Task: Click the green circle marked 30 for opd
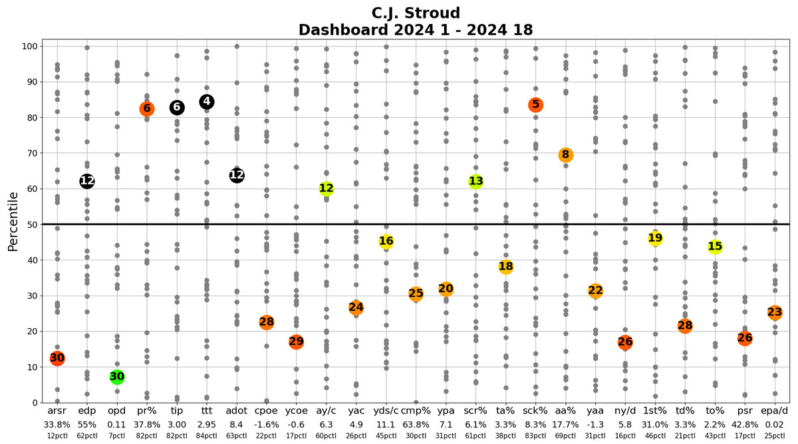117,377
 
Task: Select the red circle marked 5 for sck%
535,105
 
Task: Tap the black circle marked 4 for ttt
207,102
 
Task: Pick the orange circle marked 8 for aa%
565,155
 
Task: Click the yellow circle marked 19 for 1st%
655,238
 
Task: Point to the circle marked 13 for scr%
475,181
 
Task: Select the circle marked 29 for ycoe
297,341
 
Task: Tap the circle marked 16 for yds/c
386,241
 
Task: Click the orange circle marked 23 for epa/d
775,312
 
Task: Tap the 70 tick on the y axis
30,153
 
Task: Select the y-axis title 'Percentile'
13,222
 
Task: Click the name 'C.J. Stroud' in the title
416,13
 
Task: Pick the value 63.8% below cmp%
416,425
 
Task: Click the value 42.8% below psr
745,425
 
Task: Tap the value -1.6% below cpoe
267,425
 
